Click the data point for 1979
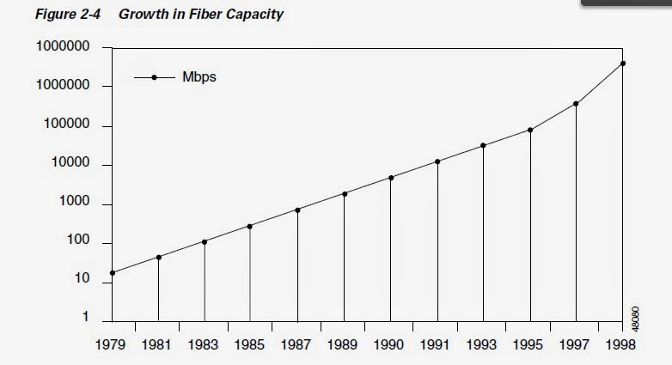click(x=112, y=273)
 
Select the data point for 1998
click(x=622, y=64)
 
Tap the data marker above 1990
click(x=391, y=178)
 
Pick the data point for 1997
click(x=576, y=104)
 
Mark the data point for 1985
click(x=250, y=227)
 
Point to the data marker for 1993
click(x=484, y=145)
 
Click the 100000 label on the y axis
click(x=65, y=125)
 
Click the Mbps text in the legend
click(x=199, y=77)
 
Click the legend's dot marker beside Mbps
click(x=155, y=77)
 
